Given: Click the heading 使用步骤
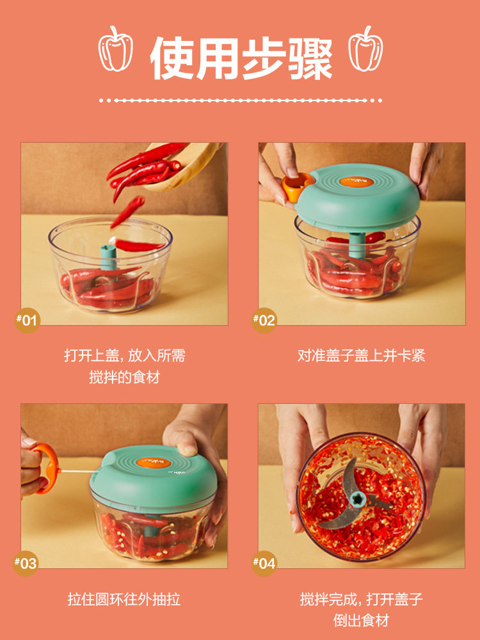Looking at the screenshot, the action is tap(241, 58).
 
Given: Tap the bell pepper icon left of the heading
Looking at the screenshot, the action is tap(115, 49).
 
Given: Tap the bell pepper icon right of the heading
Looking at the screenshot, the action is tap(365, 49).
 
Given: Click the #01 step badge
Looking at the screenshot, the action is tap(27, 321).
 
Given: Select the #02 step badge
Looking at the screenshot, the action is tap(264, 321).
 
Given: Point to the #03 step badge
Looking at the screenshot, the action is tap(26, 563).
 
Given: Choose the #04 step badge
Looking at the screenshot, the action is tap(264, 563).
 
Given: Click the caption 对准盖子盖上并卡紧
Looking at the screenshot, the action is tap(361, 355).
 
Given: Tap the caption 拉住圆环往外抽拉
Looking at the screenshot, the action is tap(124, 599).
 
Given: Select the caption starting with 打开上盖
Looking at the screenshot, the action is tap(125, 366).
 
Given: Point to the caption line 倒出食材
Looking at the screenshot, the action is tap(361, 620).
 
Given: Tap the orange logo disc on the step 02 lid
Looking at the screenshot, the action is tap(356, 182).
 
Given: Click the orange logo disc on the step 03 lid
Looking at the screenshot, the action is tap(154, 463).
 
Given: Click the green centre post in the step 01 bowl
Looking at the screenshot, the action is tap(109, 257).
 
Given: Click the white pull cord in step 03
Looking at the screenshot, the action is tap(78, 472).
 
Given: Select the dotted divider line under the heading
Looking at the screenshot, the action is tap(241, 100).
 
